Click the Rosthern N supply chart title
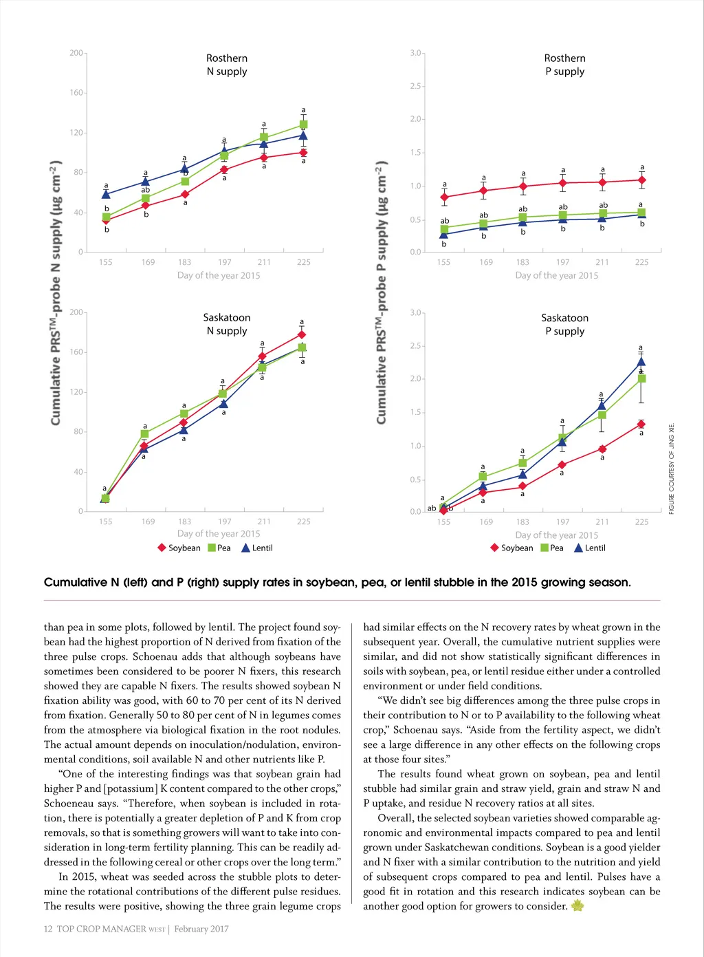click(227, 65)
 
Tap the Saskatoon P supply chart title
click(564, 324)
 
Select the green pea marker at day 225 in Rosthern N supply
click(303, 125)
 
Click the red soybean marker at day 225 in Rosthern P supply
click(642, 180)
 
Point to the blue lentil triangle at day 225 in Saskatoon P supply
click(641, 362)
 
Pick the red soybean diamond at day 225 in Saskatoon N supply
click(302, 335)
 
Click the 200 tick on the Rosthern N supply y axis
click(76, 53)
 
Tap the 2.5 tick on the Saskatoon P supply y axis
click(415, 346)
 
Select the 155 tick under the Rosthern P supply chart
click(443, 262)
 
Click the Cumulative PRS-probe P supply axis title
click(381, 292)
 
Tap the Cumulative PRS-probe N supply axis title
click(56, 292)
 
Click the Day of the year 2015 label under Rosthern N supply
click(219, 275)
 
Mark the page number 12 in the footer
click(48, 929)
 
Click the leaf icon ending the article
click(577, 905)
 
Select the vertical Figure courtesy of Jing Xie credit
click(672, 469)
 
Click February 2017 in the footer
click(201, 929)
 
